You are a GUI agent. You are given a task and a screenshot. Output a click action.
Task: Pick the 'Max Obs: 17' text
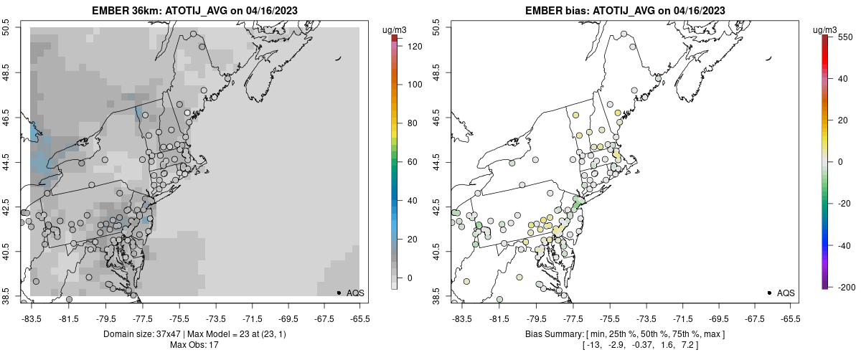(x=194, y=345)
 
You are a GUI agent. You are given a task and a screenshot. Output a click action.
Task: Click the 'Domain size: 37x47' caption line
(x=194, y=334)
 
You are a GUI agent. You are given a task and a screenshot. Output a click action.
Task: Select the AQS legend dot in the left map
(x=338, y=293)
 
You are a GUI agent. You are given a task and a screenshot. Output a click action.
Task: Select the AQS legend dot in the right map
(x=768, y=293)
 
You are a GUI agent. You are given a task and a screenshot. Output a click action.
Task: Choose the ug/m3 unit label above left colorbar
(x=395, y=29)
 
